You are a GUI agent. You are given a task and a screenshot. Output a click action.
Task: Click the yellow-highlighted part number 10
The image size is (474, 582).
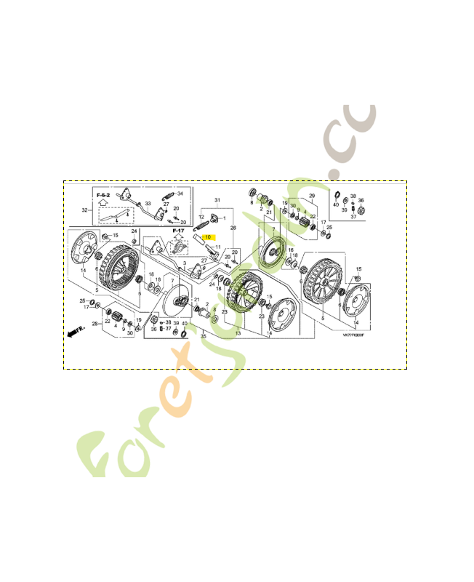point(207,237)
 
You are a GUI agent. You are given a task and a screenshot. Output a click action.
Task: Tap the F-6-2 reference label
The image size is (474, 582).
point(103,196)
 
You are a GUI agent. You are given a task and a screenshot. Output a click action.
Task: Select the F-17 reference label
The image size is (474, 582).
point(178,231)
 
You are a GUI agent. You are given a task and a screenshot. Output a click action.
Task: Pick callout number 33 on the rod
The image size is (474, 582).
point(148,204)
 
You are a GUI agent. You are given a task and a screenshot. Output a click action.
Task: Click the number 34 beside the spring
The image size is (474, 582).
point(180,194)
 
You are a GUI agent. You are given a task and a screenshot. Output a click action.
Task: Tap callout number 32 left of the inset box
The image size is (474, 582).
point(84,210)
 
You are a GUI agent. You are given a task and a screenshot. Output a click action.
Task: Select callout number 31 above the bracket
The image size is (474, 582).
point(216,200)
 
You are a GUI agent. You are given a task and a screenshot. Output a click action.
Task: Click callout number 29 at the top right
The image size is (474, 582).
point(312,196)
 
